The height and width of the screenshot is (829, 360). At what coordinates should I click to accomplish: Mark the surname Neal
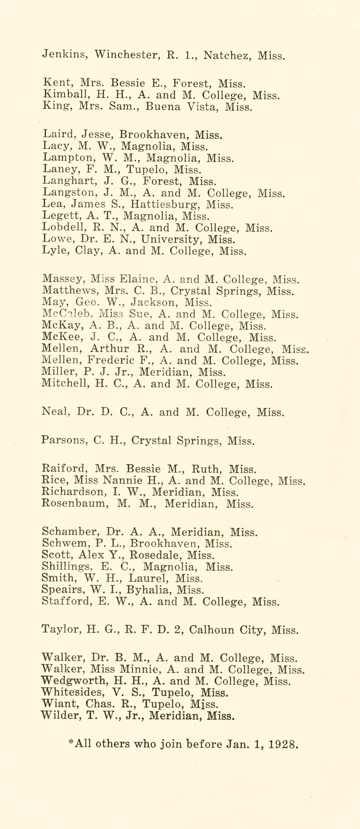click(55, 412)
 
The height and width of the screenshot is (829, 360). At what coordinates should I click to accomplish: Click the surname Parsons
click(64, 440)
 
